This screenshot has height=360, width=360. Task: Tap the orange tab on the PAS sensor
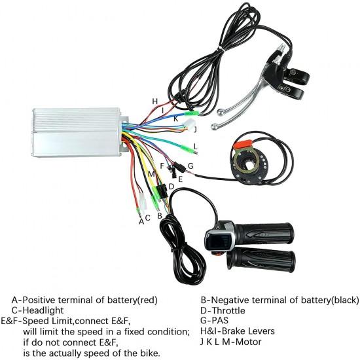(243, 144)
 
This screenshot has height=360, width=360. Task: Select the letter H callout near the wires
(155, 101)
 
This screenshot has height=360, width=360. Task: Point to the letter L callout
(196, 146)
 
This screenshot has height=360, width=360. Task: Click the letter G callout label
(190, 166)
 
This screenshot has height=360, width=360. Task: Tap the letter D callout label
(171, 187)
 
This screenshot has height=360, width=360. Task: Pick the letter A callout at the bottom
(141, 221)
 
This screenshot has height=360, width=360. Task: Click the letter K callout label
(175, 118)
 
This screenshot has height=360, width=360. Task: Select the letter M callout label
(151, 174)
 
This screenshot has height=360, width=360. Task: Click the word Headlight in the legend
(43, 310)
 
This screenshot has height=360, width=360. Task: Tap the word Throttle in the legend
(228, 310)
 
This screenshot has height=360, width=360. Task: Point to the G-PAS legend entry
(214, 321)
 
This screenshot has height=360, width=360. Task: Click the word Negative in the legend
(230, 300)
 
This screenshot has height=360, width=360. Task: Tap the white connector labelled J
(189, 124)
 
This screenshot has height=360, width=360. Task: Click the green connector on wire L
(187, 147)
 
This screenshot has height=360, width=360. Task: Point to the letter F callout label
(162, 166)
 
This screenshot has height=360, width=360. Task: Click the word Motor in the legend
(249, 342)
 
